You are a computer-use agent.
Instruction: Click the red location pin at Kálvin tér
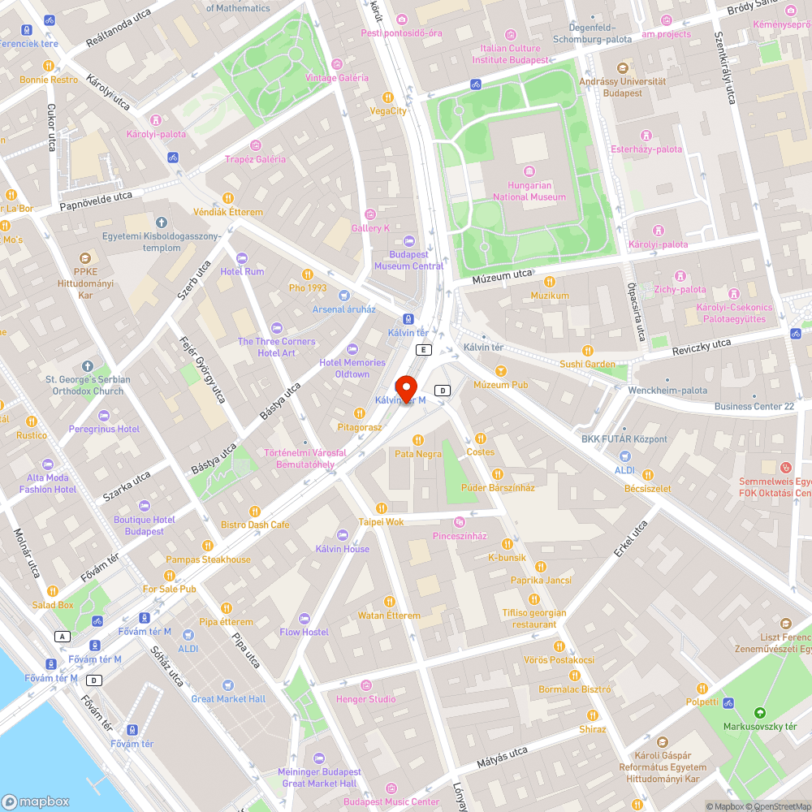point(406,387)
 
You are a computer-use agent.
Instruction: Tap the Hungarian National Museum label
point(529,191)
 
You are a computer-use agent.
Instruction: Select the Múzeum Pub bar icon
point(501,371)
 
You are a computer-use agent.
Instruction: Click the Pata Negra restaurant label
point(418,454)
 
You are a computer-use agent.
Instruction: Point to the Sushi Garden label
point(587,364)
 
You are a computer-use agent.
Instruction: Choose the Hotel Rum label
point(242,271)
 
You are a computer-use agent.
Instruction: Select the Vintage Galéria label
point(337,78)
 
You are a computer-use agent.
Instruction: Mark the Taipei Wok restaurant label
point(381,522)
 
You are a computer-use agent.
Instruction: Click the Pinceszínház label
point(460,536)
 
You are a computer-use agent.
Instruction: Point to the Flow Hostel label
point(304,632)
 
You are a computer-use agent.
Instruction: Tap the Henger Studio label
point(366,699)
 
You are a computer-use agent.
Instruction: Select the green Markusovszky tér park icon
point(760,711)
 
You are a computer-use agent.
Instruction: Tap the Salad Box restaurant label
point(53,604)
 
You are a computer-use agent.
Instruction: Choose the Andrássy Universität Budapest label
point(623,87)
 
